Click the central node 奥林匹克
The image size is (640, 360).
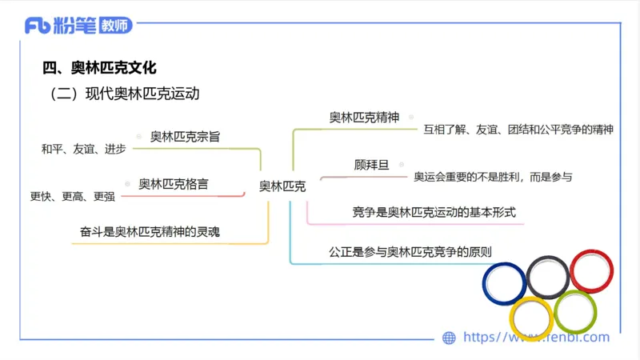(x=282, y=186)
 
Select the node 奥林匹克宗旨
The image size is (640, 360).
(x=185, y=137)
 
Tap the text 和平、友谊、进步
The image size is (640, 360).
(x=84, y=149)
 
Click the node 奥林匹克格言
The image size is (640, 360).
(x=174, y=184)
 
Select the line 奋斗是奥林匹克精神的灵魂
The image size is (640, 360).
(x=150, y=232)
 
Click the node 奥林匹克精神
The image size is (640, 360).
(x=364, y=118)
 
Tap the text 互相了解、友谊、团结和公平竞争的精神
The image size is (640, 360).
(x=518, y=129)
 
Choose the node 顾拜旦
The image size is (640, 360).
(x=371, y=165)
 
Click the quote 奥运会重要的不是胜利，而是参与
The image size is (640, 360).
(x=493, y=176)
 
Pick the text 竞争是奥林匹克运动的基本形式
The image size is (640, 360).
(x=434, y=213)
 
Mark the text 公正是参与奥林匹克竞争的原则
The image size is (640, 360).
(x=410, y=251)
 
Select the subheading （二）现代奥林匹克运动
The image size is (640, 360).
(x=124, y=94)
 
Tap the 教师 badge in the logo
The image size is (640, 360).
(x=115, y=26)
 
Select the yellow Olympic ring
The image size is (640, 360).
(x=531, y=318)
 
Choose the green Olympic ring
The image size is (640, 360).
(x=575, y=312)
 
